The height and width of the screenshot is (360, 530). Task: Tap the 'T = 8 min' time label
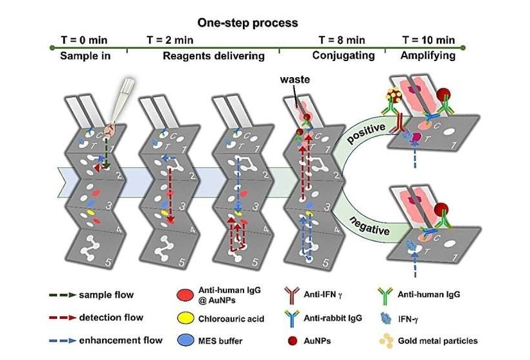point(342,40)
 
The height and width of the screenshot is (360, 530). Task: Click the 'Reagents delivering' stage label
point(214,56)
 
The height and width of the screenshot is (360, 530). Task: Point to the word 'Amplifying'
point(428,56)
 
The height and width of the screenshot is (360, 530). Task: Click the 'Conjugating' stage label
point(343,56)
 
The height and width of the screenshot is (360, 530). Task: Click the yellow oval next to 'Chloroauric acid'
point(185,318)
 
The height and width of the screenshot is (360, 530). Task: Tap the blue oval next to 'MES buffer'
point(185,339)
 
